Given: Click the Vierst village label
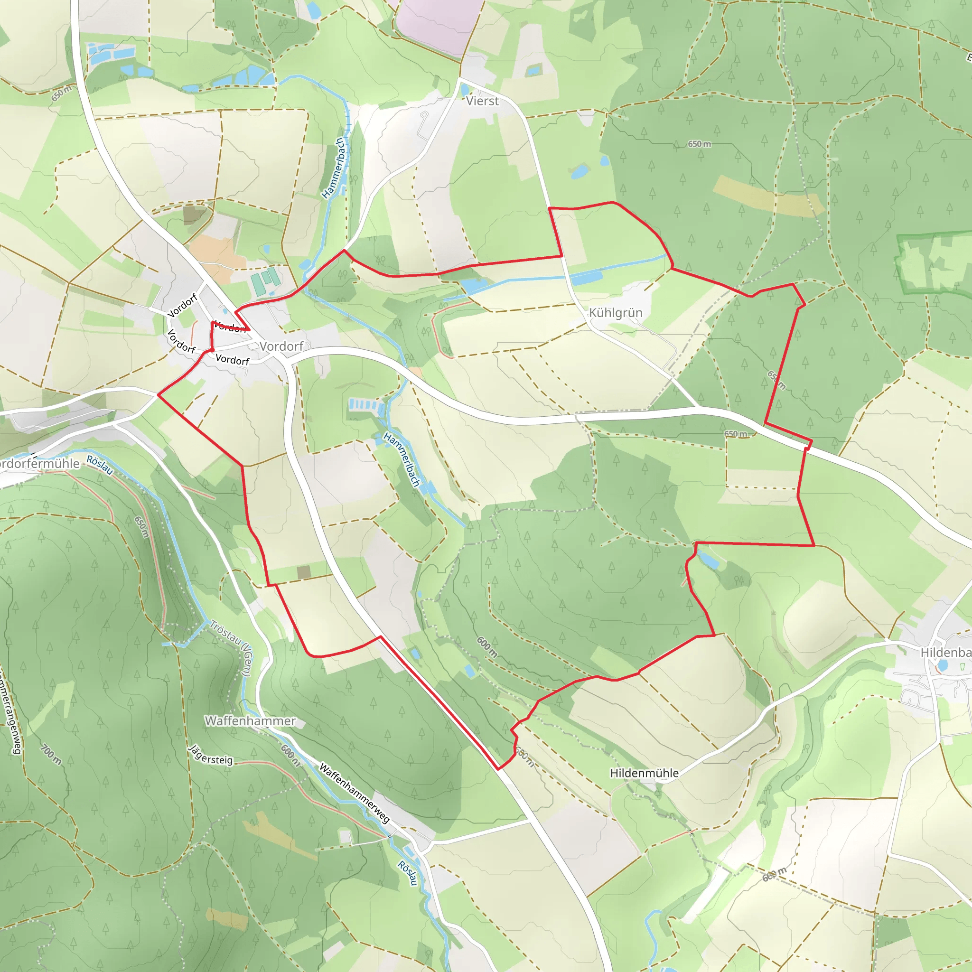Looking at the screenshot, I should pyautogui.click(x=482, y=101).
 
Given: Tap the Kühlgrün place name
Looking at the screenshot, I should pyautogui.click(x=615, y=313).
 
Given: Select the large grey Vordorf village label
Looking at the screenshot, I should pyautogui.click(x=282, y=346).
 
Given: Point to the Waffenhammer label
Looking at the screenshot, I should pyautogui.click(x=250, y=721).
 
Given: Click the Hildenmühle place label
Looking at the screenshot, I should pyautogui.click(x=644, y=773).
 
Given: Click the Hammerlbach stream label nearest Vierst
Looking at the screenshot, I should pyautogui.click(x=334, y=168).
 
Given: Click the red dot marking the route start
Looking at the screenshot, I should pyautogui.click(x=212, y=349).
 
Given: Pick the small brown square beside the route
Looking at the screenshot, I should pyautogui.click(x=304, y=572).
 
